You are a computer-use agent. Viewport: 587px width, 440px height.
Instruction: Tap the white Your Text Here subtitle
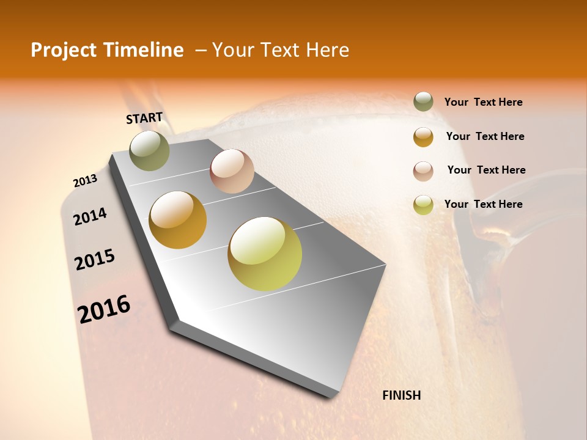click(x=281, y=50)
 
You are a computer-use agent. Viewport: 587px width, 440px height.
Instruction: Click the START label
click(x=144, y=118)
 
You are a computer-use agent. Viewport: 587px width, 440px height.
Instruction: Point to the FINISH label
click(x=401, y=395)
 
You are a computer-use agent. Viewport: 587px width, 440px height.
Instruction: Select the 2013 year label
click(x=85, y=181)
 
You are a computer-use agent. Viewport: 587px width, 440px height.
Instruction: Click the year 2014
click(x=90, y=216)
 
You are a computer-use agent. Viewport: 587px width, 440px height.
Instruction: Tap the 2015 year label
click(x=95, y=260)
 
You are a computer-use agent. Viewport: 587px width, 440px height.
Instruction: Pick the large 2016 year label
click(x=104, y=309)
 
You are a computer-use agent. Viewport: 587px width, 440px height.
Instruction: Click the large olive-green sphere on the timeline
click(x=150, y=150)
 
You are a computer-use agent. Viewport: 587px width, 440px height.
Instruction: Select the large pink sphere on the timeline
click(x=232, y=171)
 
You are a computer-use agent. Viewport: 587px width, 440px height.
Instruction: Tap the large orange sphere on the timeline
click(x=178, y=220)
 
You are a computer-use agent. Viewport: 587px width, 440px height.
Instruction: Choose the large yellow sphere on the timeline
click(x=265, y=254)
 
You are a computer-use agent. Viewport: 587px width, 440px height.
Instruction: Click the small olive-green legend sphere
click(x=423, y=102)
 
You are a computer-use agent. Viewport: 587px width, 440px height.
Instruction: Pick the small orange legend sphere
click(x=423, y=137)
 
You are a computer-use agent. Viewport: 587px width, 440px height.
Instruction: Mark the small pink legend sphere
click(x=423, y=171)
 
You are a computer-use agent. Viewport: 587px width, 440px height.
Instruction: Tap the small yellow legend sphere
click(x=423, y=205)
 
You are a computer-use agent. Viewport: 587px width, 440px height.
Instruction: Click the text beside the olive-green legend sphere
click(x=483, y=102)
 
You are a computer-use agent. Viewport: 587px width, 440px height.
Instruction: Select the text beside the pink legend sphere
click(x=486, y=170)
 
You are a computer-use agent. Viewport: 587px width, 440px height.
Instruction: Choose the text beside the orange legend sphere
click(x=485, y=136)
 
